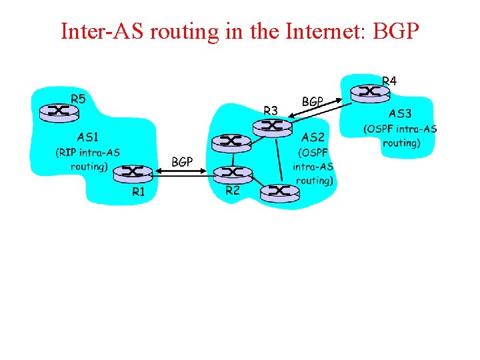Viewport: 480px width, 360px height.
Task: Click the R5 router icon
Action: [x=57, y=111]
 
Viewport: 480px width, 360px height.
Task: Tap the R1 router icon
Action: [x=134, y=173]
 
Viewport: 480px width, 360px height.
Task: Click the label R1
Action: [x=139, y=192]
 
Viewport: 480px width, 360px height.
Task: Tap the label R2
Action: [x=233, y=190]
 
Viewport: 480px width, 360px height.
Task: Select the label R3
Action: [x=271, y=110]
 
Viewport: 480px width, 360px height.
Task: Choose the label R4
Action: [x=389, y=81]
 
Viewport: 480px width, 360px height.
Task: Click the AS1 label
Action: [x=89, y=137]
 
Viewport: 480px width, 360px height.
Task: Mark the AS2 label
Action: [x=313, y=137]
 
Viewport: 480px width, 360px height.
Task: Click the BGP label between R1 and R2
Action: [x=182, y=161]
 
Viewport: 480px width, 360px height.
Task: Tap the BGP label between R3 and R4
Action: [x=313, y=102]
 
